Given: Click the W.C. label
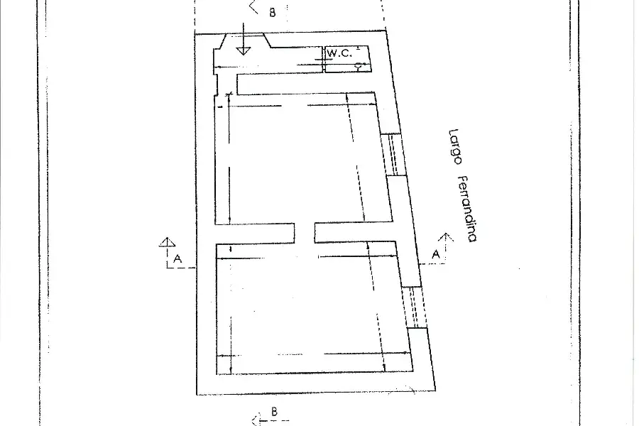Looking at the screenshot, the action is [x=339, y=53].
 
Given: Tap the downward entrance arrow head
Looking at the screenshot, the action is [x=244, y=51].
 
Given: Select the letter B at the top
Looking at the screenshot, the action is [x=272, y=13].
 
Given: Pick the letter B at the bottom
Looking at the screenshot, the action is [x=274, y=412].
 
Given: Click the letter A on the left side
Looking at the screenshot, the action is [x=177, y=259].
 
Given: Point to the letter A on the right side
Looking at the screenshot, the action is [x=436, y=254].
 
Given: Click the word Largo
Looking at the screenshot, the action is [x=455, y=147].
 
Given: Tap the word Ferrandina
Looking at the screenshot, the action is [x=468, y=209].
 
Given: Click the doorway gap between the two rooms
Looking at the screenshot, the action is [x=305, y=233].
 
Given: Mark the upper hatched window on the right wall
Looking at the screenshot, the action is [x=393, y=155].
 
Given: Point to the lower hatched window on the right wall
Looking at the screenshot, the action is [x=414, y=307].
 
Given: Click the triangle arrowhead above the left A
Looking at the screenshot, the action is [x=167, y=242].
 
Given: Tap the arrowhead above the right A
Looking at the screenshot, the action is [x=446, y=237].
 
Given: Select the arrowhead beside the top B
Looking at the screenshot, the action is [x=254, y=7].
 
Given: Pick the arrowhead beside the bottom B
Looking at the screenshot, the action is [x=256, y=420].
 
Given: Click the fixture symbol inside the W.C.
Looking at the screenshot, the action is [x=359, y=67].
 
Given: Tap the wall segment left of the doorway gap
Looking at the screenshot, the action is [x=255, y=234].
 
